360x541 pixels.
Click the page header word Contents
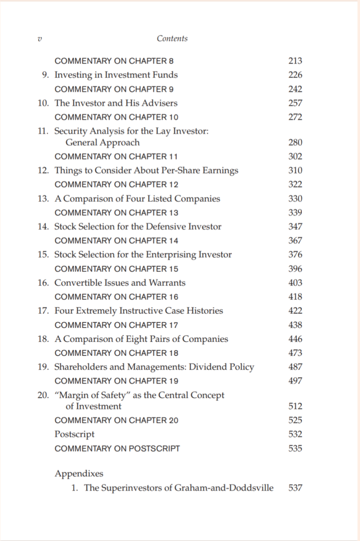coord(172,39)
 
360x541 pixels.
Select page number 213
coord(295,61)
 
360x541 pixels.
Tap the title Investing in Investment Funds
coord(116,75)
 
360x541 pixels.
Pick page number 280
coord(295,143)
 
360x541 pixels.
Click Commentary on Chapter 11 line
coord(117,156)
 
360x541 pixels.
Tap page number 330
coord(295,199)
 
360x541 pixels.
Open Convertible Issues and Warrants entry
coord(120,283)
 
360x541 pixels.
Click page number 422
coord(295,311)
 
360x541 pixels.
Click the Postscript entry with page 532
coord(75,434)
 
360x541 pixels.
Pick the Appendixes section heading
coord(79,474)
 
